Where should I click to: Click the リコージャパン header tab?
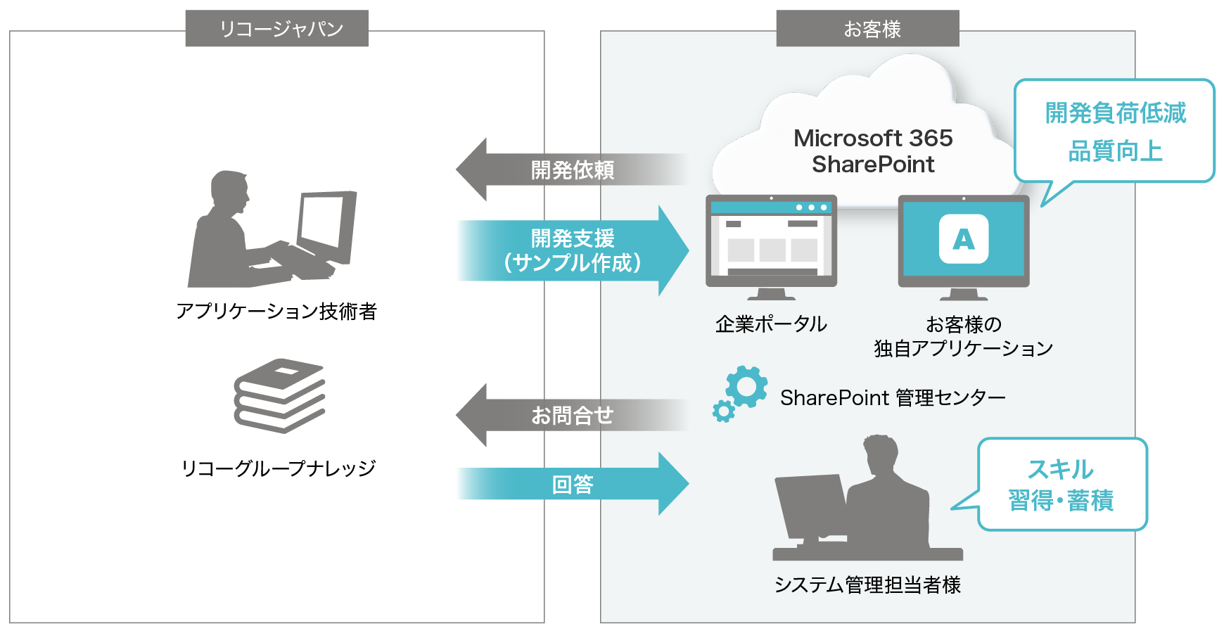276,29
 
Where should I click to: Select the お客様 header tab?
867,29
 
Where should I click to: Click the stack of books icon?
279,395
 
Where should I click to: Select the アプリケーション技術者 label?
276,311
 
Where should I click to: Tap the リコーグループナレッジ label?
279,468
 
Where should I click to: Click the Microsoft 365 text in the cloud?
873,138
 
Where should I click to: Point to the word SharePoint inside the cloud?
873,165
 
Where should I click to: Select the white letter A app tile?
964,239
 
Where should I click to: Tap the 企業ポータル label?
771,324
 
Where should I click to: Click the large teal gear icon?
746,386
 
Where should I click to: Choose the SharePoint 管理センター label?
893,398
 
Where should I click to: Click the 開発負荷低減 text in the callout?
1115,113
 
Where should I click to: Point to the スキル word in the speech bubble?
1061,469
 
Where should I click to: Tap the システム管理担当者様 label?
867,584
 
